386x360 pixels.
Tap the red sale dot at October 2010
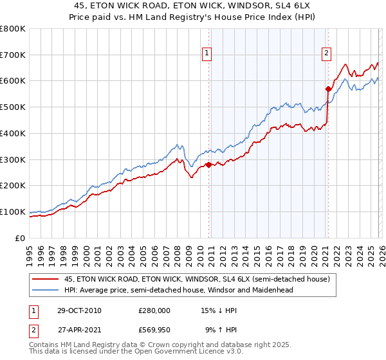(208, 165)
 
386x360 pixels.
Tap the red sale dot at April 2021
(327, 89)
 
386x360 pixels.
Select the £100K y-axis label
(13, 212)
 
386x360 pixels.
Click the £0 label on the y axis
(20, 238)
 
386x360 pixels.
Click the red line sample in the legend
(45, 279)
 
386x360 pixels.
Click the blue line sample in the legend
(45, 290)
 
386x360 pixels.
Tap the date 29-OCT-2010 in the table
(78, 310)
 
